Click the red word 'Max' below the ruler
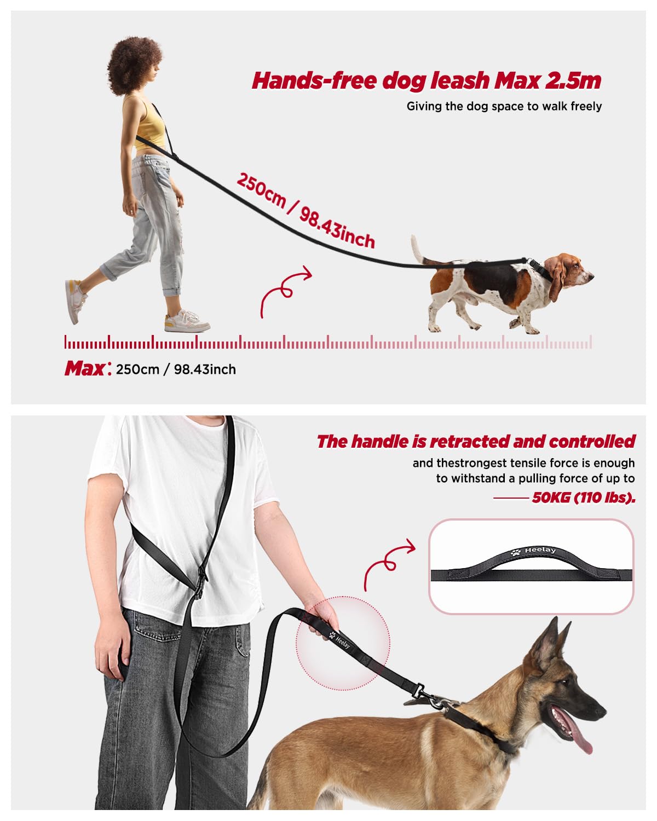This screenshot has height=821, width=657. pos(85,369)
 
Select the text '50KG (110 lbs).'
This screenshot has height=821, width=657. pos(583,498)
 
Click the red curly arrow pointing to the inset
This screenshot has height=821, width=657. pos(388,562)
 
